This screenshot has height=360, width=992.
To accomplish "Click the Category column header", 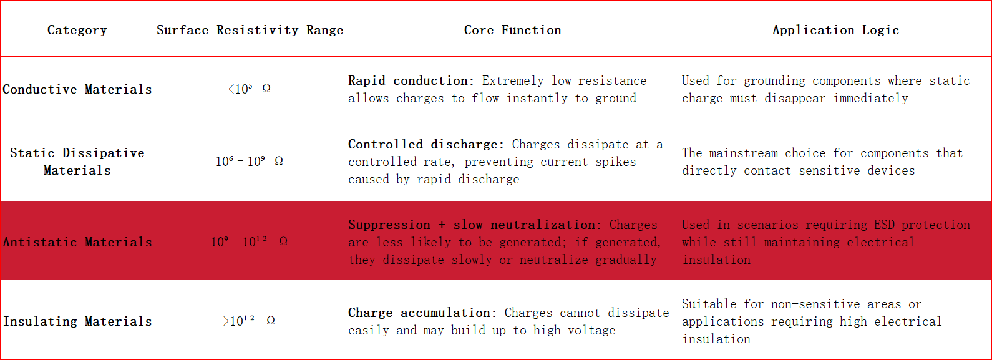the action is [x=77, y=30].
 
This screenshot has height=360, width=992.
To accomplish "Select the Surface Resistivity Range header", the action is [x=250, y=30].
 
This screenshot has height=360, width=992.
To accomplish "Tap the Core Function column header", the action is [x=512, y=30].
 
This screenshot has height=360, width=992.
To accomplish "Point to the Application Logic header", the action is [x=835, y=30].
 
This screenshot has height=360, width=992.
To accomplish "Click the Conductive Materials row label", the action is [x=77, y=89].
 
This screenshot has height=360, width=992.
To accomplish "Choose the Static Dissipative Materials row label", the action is [x=77, y=162].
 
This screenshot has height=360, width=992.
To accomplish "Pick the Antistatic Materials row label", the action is [x=77, y=242].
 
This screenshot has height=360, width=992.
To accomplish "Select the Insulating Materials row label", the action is [x=77, y=321].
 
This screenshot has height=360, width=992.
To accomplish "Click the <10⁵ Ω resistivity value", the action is [x=250, y=89].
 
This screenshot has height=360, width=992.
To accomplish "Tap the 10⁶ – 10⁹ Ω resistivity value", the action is [x=250, y=161].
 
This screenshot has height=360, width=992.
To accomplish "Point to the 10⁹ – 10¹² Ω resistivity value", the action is [x=250, y=242].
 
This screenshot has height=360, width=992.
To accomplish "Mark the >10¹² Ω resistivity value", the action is [x=250, y=321].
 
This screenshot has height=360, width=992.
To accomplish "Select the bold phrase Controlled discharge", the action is [x=425, y=144].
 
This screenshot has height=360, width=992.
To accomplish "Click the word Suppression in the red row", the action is [x=389, y=225].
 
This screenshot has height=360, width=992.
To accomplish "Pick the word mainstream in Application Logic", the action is [x=744, y=153].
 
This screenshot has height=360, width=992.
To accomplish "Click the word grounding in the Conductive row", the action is [x=774, y=81].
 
